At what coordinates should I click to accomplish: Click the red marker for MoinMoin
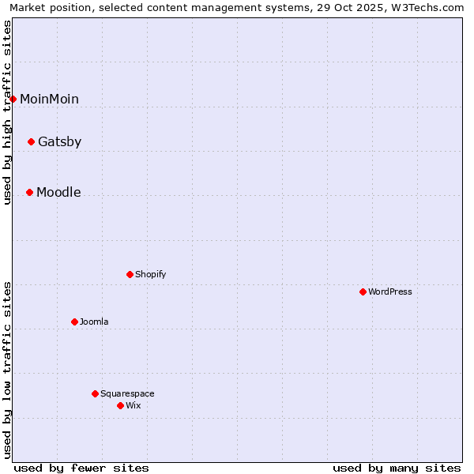[13, 99]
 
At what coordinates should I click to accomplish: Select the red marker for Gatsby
[32, 142]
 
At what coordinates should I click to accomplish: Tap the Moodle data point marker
[30, 193]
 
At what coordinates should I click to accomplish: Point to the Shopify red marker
[130, 275]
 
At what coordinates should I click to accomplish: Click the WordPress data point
[363, 292]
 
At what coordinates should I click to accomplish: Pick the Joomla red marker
[75, 322]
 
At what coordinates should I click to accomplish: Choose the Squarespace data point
[96, 394]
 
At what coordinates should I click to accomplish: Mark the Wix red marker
[121, 406]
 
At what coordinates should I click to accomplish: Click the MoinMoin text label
[49, 99]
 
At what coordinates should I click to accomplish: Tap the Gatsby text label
[59, 142]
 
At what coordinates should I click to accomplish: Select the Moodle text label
[58, 193]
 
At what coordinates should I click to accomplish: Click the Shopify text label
[150, 275]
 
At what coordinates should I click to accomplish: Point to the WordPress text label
[390, 292]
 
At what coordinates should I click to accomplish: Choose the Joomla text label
[94, 322]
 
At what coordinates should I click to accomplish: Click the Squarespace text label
[127, 394]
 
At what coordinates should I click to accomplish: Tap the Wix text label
[133, 406]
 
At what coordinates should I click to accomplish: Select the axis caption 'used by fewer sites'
[81, 468]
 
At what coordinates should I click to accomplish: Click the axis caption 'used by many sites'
[397, 468]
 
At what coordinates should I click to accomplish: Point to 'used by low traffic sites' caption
[8, 370]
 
